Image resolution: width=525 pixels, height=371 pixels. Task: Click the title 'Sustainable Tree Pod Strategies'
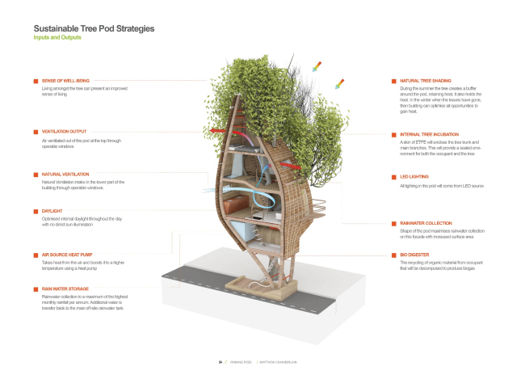94,28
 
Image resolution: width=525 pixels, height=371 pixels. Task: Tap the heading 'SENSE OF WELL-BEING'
65,81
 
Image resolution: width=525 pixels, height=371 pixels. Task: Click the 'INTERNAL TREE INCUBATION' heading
431,134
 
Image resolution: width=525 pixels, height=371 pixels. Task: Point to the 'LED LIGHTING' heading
414,176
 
